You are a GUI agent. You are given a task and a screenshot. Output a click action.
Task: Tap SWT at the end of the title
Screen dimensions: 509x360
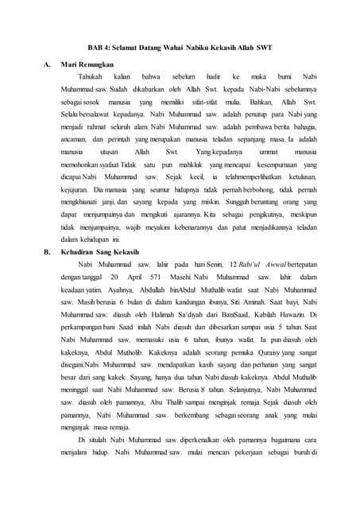[x=265, y=48]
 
